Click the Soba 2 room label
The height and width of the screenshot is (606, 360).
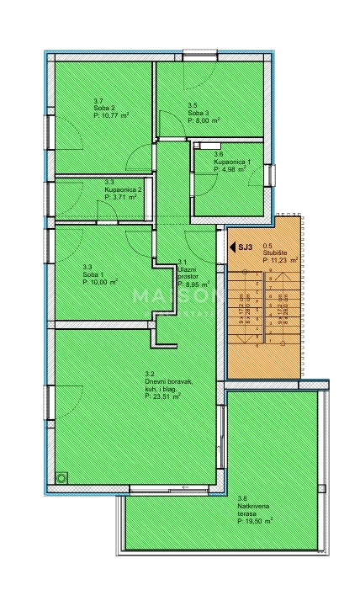coord(103,109)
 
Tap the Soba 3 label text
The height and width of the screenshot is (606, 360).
coord(198,114)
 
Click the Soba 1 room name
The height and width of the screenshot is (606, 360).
coord(93,274)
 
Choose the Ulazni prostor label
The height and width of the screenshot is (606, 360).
coord(187,269)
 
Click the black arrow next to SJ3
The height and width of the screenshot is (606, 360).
coord(232,247)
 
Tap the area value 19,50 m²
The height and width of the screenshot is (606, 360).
coord(257,521)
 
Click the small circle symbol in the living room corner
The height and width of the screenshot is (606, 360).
coord(61,477)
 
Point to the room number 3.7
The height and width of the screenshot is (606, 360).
coord(98,101)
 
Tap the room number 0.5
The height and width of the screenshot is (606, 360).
coord(267,247)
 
